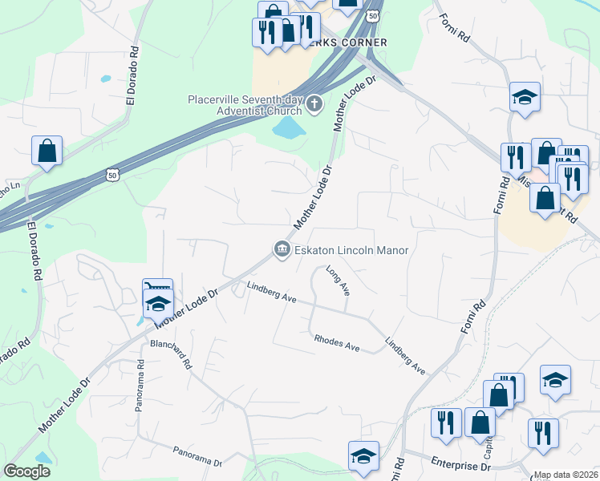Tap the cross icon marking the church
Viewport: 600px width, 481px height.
314,102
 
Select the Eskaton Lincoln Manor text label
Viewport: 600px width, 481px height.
351,250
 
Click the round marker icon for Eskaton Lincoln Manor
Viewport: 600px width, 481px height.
282,250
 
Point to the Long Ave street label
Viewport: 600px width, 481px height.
338,281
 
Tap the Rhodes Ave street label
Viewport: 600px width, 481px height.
337,344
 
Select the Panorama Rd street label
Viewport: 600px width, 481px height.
140,386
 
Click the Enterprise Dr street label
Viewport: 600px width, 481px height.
460,465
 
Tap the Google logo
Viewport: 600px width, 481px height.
26,471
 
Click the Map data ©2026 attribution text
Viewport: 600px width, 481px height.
566,475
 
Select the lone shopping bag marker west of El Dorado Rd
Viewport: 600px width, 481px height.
47,150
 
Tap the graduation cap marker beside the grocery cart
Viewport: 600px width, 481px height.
158,303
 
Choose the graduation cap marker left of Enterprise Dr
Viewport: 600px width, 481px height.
363,455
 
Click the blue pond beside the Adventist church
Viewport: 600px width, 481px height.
288,127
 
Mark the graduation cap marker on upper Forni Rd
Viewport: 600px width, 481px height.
525,97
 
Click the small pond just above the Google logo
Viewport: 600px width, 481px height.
43,458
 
